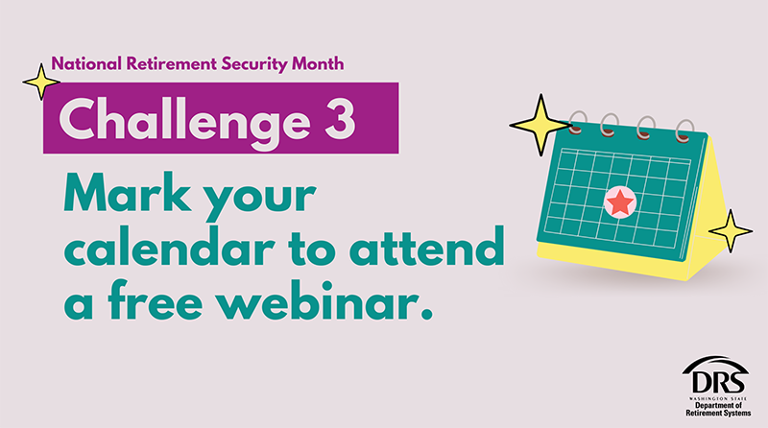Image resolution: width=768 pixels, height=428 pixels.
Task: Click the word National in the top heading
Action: coord(86,63)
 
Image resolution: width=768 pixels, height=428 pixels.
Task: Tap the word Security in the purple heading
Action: coord(254,64)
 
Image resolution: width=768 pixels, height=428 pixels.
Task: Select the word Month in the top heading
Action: coord(318,63)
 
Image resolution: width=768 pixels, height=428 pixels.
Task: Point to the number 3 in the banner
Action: coord(340,118)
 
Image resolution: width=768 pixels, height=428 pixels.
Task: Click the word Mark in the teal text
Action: coord(128,192)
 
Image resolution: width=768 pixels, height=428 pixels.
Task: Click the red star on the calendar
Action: coord(620,202)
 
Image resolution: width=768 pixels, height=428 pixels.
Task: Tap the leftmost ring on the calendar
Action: coord(577,123)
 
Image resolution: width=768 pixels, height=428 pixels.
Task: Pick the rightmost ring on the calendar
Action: coord(684,131)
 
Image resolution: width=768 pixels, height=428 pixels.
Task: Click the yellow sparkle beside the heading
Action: coord(41,82)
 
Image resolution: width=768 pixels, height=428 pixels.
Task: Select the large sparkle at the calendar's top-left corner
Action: coord(540,125)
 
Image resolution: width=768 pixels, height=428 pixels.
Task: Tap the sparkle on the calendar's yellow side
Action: coord(731,231)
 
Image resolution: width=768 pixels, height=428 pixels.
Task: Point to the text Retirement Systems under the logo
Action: coord(718,413)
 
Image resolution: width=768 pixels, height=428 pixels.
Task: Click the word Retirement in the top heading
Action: coord(172,63)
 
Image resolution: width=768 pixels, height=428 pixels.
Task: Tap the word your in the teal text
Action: coord(260,198)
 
